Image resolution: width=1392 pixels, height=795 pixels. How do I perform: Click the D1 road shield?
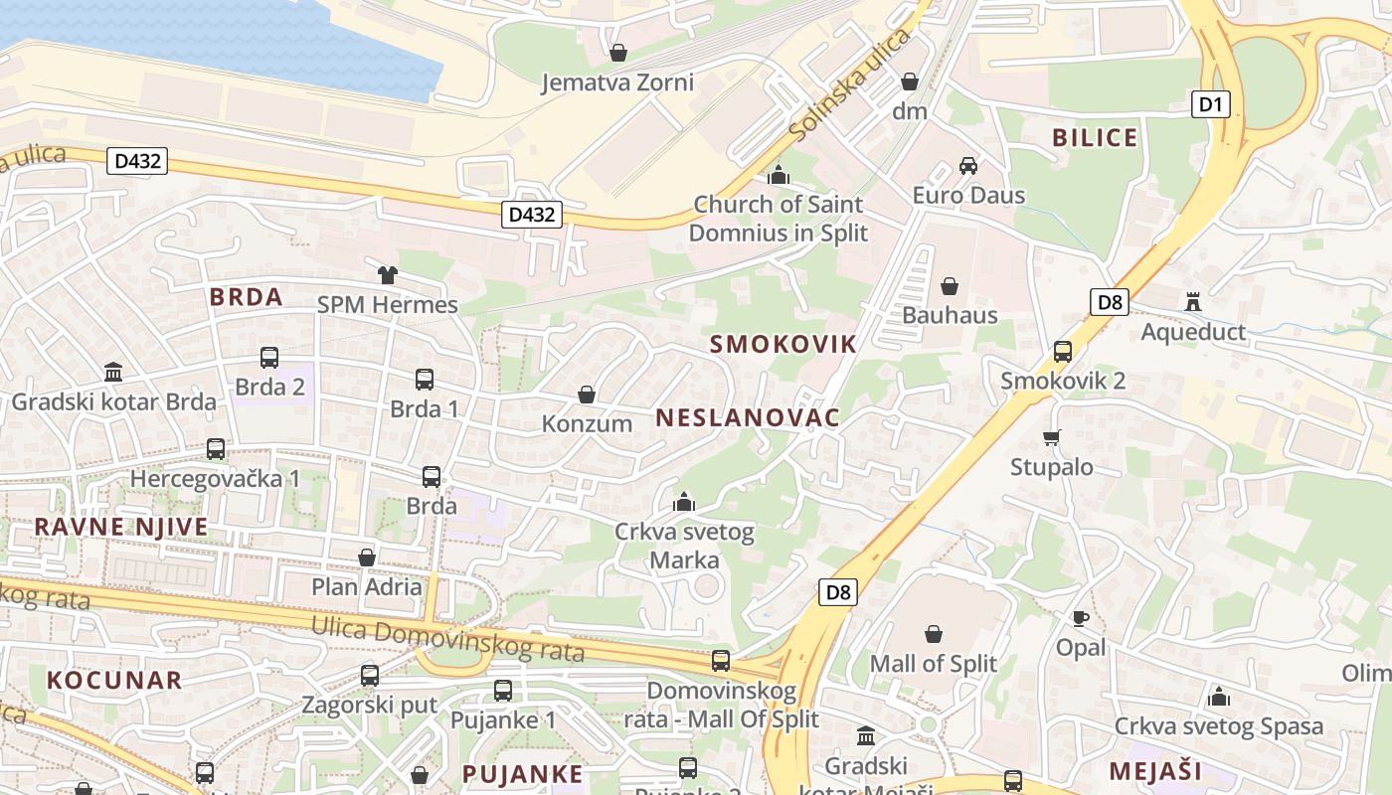point(1211,103)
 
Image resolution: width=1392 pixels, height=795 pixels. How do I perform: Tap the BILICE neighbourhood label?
point(1095,138)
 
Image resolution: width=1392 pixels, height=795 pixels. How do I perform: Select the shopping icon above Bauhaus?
point(950,286)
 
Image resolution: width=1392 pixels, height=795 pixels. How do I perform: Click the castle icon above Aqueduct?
point(1192,301)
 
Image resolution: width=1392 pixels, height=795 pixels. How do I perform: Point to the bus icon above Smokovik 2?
point(1062,351)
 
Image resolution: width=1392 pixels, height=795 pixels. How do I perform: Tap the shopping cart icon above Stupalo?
point(1051,437)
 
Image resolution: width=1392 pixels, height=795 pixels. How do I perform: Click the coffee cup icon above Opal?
point(1080,618)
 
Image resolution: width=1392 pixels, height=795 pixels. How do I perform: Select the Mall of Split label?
point(933,663)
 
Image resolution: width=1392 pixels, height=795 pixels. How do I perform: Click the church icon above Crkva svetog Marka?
point(683,502)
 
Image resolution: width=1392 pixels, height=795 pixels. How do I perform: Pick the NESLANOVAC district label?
point(748,417)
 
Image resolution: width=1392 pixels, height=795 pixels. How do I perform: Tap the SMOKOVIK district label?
point(783,345)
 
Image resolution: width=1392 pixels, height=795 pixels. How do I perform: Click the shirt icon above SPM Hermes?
point(387,274)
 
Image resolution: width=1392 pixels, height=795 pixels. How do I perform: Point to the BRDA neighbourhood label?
point(246,296)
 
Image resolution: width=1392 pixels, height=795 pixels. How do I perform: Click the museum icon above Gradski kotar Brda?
point(113,373)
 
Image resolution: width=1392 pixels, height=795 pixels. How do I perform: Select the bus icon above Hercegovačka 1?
point(215,449)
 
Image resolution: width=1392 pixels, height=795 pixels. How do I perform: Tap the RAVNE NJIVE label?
point(121,527)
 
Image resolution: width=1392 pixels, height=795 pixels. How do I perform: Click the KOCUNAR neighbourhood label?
point(115,680)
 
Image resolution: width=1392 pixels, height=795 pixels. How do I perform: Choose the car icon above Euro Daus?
point(968,165)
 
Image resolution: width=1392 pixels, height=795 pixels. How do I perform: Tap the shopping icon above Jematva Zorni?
point(617,53)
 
